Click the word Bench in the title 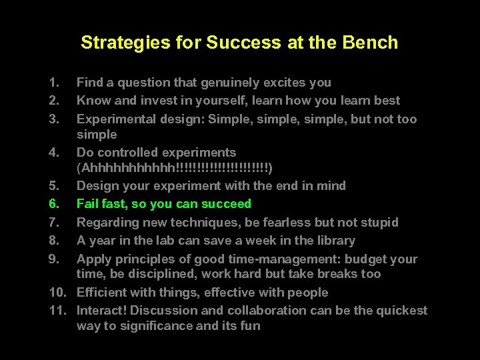[x=371, y=43]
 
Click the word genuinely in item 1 [x=202, y=83]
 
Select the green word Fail [x=88, y=203]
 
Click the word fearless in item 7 [x=288, y=222]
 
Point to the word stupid [x=378, y=222]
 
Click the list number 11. [x=55, y=310]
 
